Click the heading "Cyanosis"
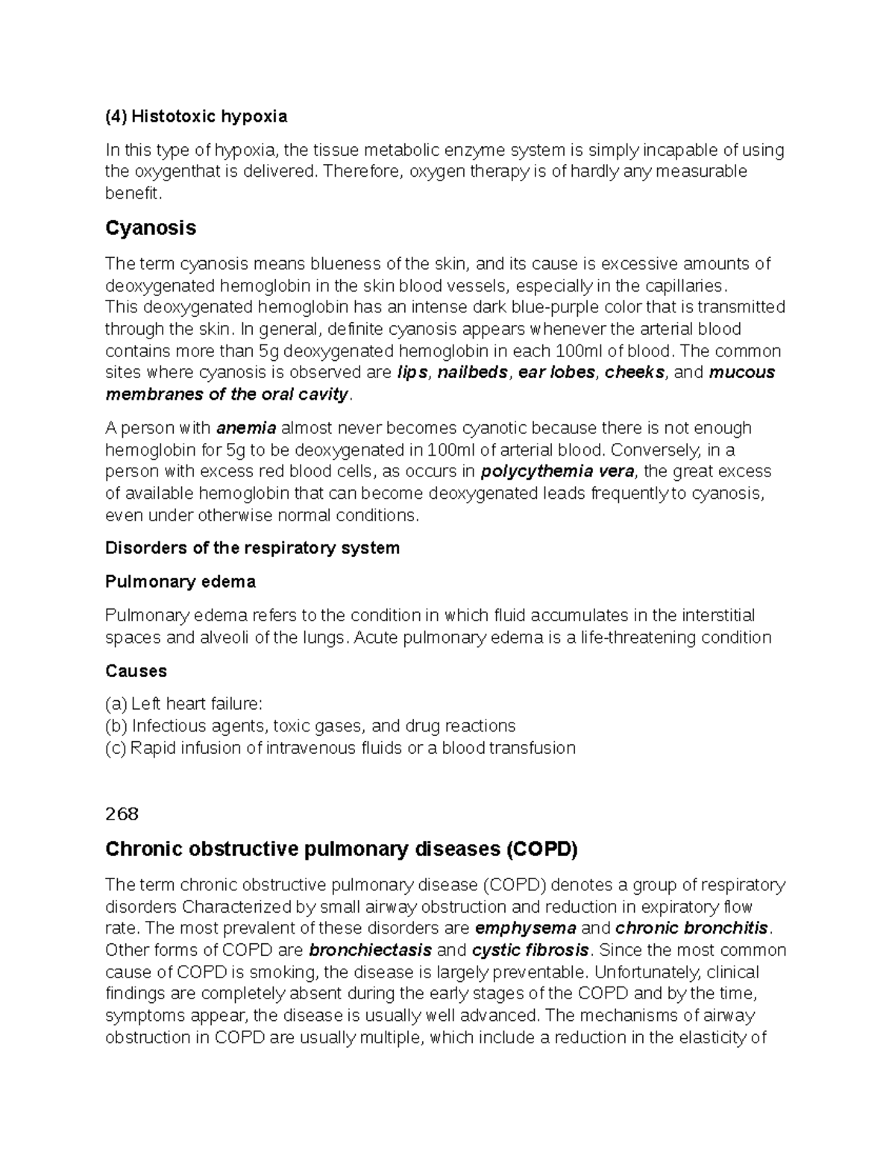[151, 228]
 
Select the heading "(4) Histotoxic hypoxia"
[195, 116]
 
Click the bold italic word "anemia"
[246, 428]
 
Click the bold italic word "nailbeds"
[472, 372]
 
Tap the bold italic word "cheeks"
[635, 372]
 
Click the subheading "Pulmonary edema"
[180, 582]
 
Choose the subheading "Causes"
[136, 671]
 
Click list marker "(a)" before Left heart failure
[116, 705]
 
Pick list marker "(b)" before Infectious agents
[116, 726]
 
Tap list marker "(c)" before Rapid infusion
[116, 748]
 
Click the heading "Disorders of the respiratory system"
[252, 548]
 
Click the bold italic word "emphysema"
[525, 928]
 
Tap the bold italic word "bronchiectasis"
[370, 950]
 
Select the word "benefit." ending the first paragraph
[133, 194]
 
